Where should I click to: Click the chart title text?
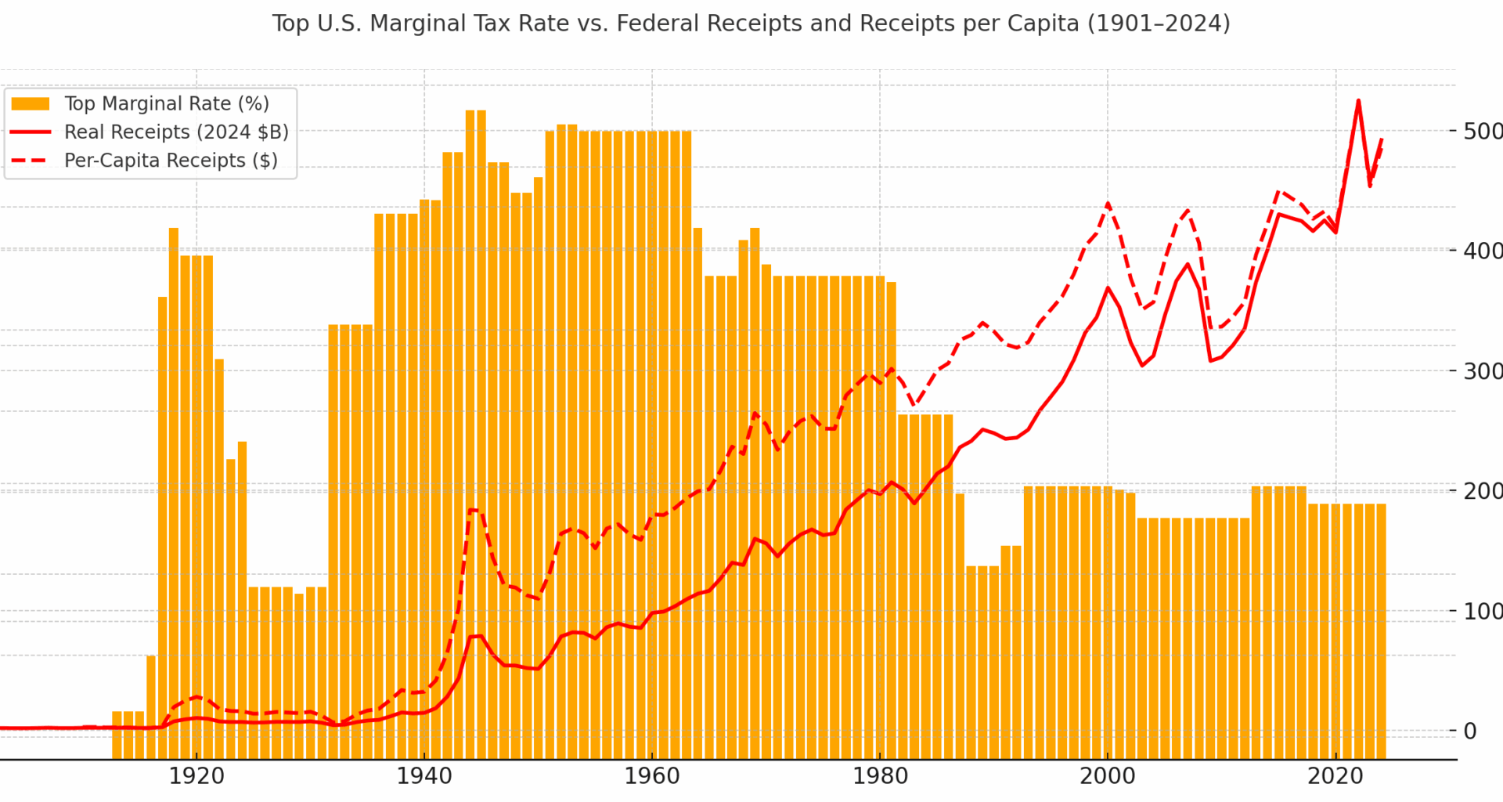pos(751,23)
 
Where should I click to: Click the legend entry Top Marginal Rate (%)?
pos(166,103)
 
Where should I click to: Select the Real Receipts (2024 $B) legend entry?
pos(176,132)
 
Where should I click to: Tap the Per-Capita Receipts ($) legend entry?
pos(171,161)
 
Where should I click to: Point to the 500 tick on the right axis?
pos(1483,131)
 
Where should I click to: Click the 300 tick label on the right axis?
pos(1483,370)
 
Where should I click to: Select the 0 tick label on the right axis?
pos(1469,731)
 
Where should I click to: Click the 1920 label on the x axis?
pos(196,776)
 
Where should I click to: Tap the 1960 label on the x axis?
pos(652,776)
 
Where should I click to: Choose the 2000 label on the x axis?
pos(1107,776)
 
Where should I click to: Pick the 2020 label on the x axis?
pos(1335,776)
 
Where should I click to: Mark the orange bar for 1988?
pos(971,662)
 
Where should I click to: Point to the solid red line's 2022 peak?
pos(1358,101)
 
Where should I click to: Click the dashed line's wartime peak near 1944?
pos(470,510)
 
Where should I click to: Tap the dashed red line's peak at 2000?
pos(1108,204)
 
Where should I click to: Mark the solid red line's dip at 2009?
pos(1210,360)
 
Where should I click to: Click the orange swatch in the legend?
pos(31,103)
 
